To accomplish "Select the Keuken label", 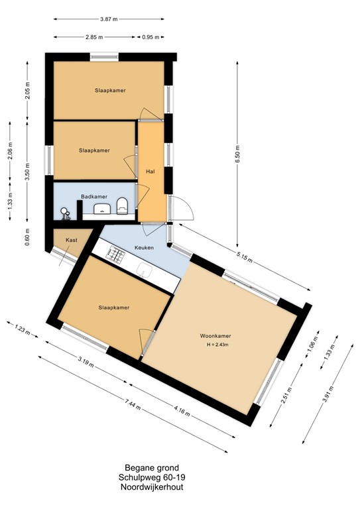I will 144,247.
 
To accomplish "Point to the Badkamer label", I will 94,197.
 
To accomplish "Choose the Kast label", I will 72,240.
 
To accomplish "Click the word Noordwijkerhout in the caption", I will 151,487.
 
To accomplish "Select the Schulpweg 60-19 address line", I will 151,477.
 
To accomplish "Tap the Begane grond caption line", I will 151,467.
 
